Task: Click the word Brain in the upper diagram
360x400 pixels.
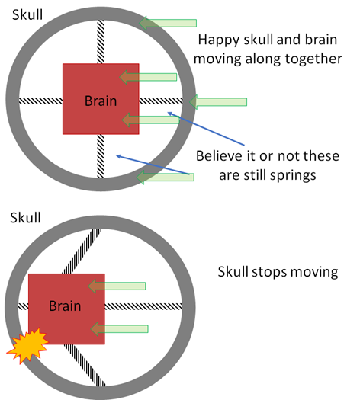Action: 101,101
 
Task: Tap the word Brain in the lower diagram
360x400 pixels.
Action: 65,306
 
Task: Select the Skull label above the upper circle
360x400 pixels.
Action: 27,14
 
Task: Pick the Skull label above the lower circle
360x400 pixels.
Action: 25,218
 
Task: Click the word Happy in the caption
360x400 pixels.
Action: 218,40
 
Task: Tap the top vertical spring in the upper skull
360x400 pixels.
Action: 101,42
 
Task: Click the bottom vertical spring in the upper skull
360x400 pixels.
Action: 101,156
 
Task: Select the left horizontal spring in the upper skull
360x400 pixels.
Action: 41,101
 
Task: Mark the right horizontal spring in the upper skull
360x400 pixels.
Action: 161,101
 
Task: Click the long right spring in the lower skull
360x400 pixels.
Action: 143,306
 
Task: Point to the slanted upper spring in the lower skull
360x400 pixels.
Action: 82,251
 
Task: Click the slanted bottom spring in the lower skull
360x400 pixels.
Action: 85,365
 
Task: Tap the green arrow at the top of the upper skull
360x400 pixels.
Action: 168,23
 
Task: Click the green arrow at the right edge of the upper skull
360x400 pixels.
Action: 218,102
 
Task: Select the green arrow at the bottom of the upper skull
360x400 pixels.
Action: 166,177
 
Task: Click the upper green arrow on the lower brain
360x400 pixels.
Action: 117,286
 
